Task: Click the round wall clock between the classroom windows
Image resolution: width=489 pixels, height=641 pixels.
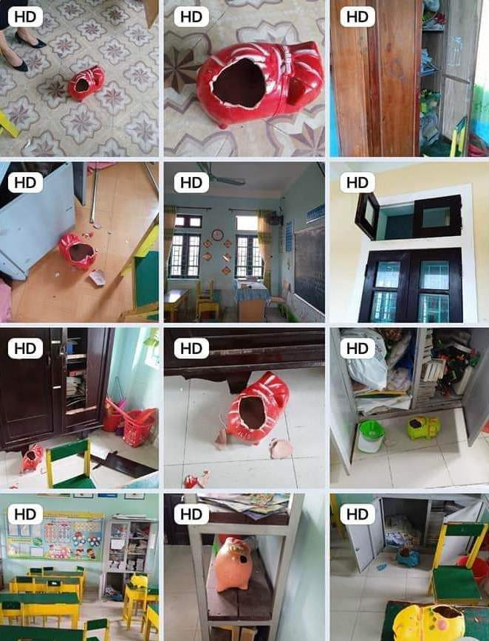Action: pos(218,235)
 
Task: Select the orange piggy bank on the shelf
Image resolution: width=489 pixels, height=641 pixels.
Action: pos(233,564)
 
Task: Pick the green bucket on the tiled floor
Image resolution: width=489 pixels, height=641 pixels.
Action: pos(371,436)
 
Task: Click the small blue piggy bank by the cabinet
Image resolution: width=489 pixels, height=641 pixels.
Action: pos(407,555)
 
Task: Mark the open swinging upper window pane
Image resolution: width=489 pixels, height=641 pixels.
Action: pos(366,215)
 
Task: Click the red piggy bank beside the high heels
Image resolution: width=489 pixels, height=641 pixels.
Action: pos(86,83)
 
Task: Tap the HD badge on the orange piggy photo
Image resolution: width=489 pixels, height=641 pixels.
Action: pos(191,513)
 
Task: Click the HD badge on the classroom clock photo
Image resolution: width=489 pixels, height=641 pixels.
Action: pos(191,181)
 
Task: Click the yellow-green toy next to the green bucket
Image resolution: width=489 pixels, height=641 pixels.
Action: pos(423,427)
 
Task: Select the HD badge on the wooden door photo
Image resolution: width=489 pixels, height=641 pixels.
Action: pos(357,16)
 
